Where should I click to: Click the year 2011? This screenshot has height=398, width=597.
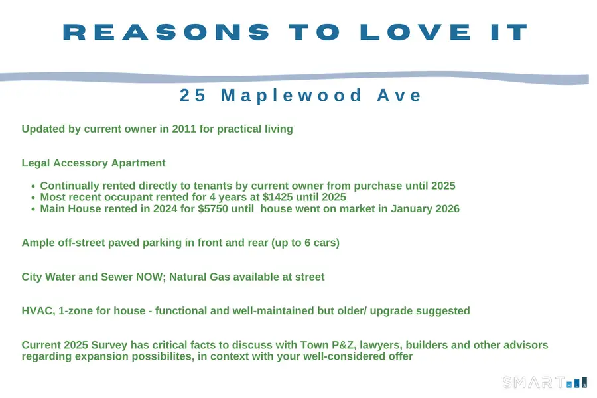click(x=184, y=129)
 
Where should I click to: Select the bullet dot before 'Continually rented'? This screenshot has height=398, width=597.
click(x=33, y=186)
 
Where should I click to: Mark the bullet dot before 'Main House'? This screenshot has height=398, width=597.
click(x=33, y=210)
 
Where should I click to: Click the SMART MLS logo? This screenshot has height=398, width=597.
click(x=545, y=383)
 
